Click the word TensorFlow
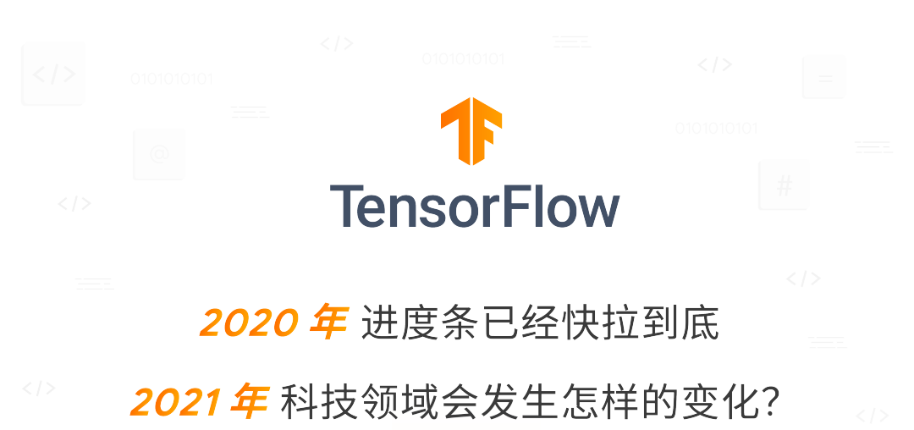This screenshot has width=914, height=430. (475, 206)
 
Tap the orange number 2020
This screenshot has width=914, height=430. (249, 322)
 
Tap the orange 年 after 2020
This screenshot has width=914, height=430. (327, 322)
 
